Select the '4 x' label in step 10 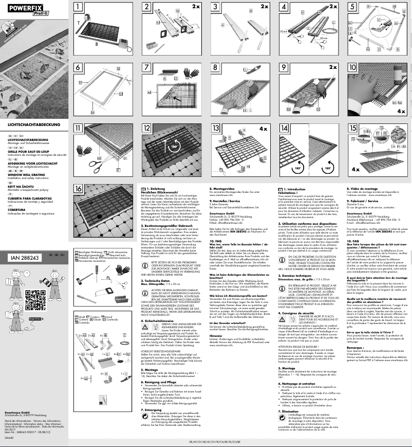click(x=401, y=111)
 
